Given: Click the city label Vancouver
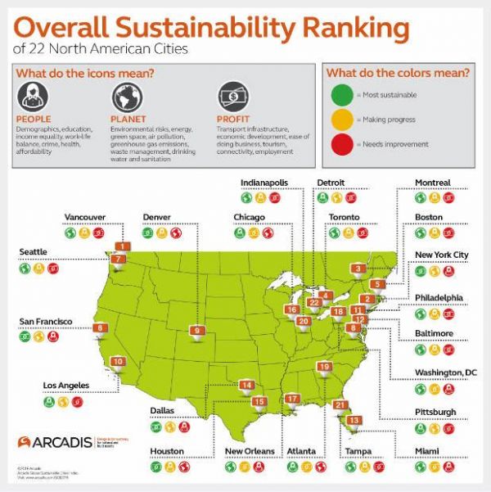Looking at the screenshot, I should click(85, 217).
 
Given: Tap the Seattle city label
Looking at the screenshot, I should click(34, 251).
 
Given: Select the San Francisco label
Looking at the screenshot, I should click(42, 320).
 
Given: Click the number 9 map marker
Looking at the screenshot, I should click(196, 331).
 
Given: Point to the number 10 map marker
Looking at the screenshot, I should click(118, 362).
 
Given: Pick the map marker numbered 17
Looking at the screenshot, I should click(293, 399).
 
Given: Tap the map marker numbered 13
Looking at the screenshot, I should click(354, 420).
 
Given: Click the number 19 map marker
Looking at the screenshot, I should click(325, 367).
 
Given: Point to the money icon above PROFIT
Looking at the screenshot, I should click(232, 97).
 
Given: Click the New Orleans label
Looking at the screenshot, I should click(249, 451).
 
